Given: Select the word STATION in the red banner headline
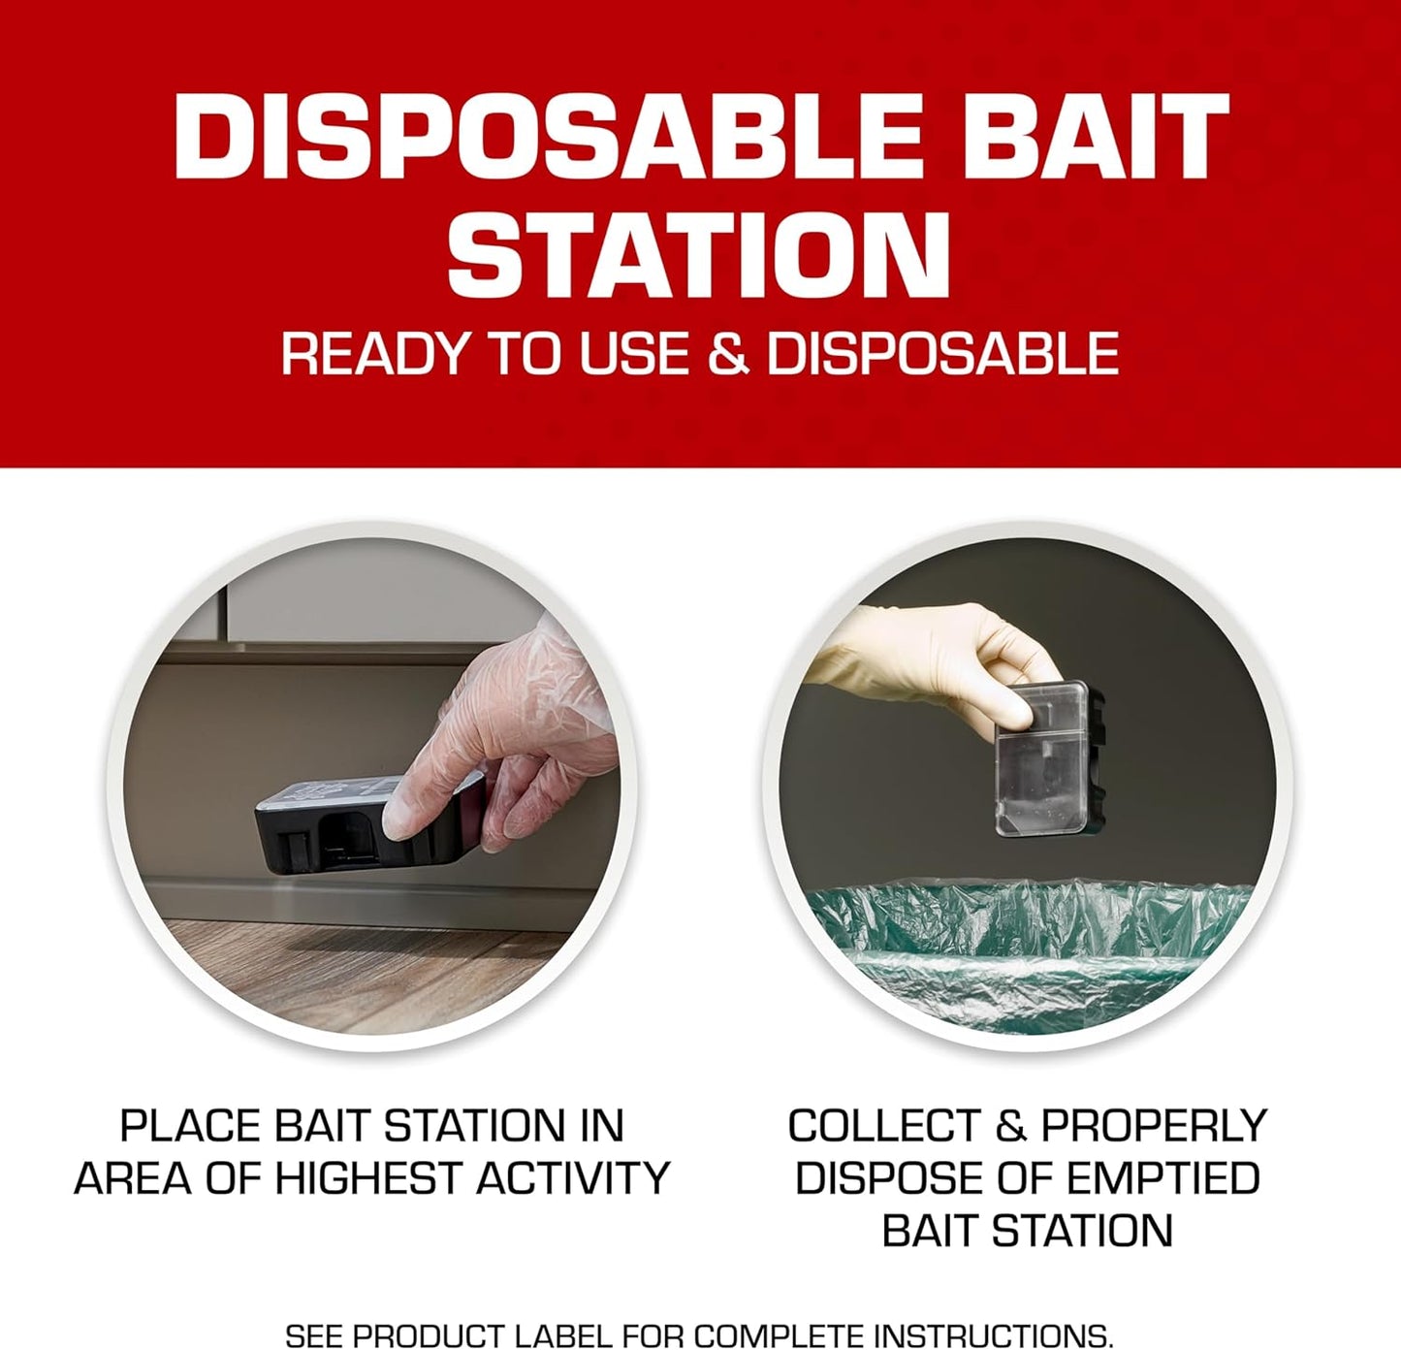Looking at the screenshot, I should click(699, 254).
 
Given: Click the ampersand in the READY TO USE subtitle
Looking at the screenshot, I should click(728, 353).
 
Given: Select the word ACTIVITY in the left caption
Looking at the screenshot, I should click(573, 1178).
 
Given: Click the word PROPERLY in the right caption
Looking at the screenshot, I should click(1154, 1126).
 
